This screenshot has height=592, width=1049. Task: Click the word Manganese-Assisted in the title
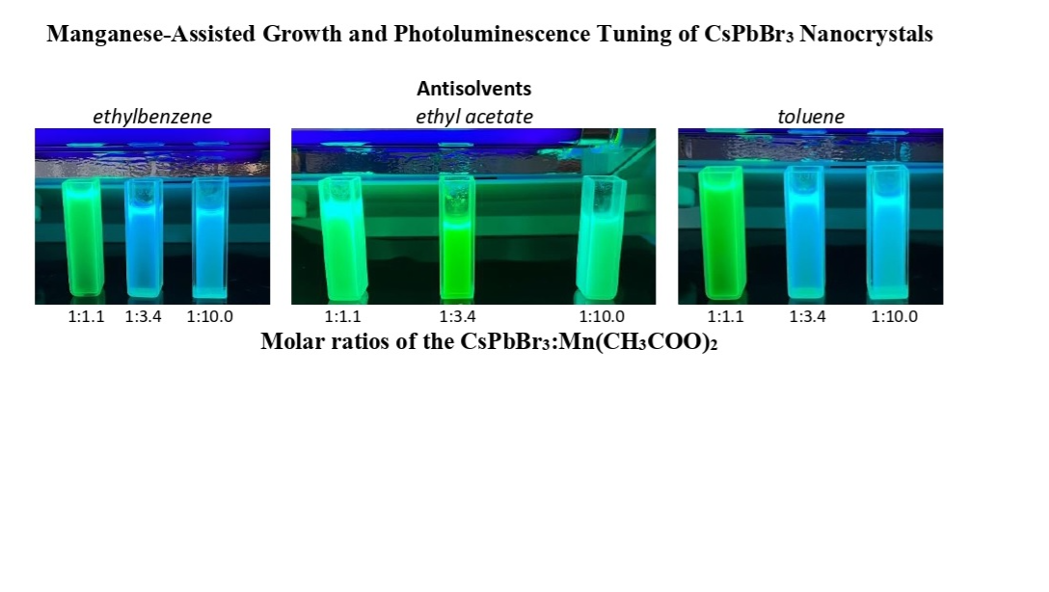pos(151,34)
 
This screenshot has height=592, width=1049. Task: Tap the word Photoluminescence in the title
pos(492,34)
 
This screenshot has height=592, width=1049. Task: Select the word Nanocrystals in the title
pos(866,34)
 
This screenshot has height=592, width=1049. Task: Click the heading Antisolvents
pos(473,89)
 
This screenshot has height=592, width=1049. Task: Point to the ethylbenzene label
pos(152,117)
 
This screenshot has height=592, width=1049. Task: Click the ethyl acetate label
pos(473,117)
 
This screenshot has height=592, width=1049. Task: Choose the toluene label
pos(810,117)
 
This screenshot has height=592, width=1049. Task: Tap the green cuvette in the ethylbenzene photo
pos(82,237)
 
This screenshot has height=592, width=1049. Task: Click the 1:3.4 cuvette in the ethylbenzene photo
pos(144,237)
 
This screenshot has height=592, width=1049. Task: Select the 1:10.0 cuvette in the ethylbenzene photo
pos(210,237)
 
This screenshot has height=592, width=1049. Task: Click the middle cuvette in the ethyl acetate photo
pos(457,237)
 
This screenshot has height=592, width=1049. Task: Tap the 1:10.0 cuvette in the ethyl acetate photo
pos(602,237)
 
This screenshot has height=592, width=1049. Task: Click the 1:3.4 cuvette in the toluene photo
pos(805,232)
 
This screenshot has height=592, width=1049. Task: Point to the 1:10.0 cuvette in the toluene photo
pos(888,232)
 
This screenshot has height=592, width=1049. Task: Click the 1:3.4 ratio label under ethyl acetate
pos(457,316)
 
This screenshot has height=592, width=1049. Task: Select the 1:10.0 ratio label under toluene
pos(894,316)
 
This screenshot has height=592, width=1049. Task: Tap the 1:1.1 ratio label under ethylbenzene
pos(87,316)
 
